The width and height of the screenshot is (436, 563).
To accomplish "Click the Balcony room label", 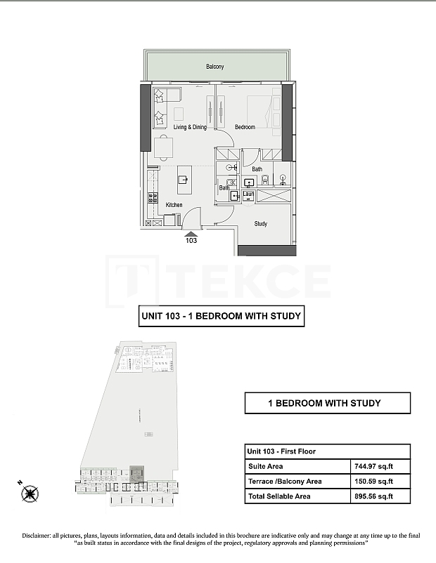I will point(215,67).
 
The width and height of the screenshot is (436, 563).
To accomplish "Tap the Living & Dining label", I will point(190,127).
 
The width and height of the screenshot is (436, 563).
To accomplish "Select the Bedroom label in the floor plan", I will point(245,127).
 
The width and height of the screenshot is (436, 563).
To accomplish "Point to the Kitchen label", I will point(174,205).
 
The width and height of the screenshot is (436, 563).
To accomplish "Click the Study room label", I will point(260,224).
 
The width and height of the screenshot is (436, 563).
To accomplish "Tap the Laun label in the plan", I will point(248,193).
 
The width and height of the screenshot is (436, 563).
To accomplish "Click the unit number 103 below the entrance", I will point(191,240).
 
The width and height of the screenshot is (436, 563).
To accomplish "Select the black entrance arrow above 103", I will point(191,232).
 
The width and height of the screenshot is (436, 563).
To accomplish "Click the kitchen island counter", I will point(185,181).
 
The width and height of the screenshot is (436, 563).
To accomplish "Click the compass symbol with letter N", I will point(30,493).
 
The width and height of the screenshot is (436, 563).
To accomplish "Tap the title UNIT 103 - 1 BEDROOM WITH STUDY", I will point(221,317).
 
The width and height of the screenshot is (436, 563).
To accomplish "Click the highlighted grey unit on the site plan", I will point(137,475).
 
